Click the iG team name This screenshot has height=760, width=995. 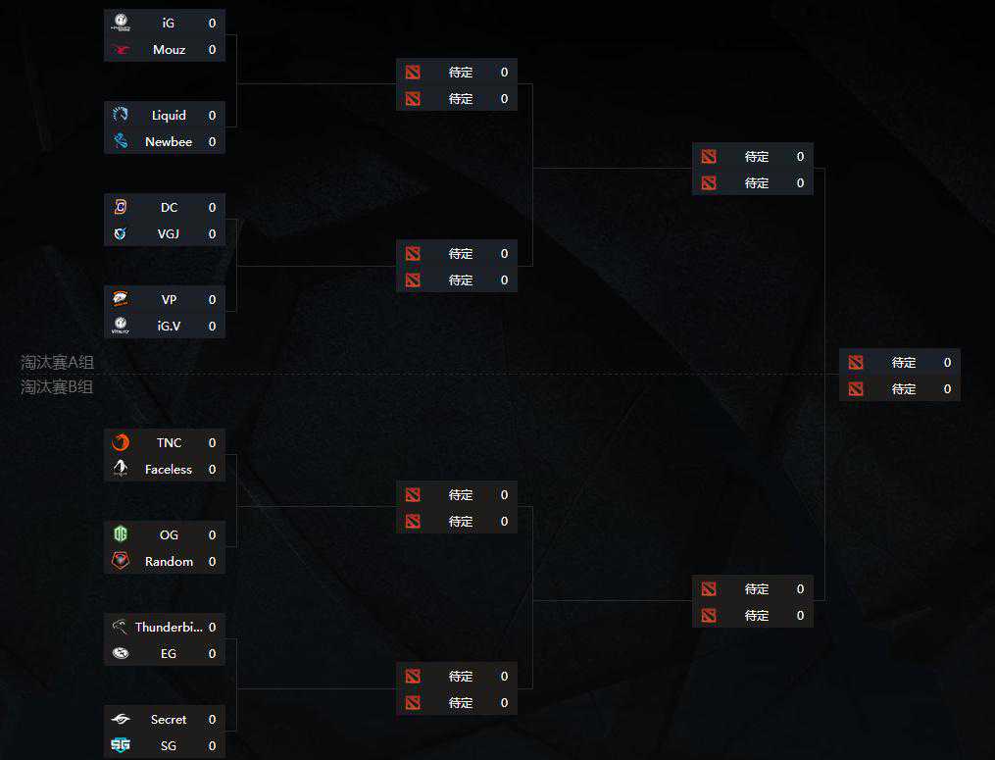pyautogui.click(x=169, y=23)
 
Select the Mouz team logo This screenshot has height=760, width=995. pyautogui.click(x=121, y=49)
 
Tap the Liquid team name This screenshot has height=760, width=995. pyautogui.click(x=169, y=115)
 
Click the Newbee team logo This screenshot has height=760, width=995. pyautogui.click(x=121, y=141)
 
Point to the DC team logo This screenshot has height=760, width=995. pyautogui.click(x=121, y=207)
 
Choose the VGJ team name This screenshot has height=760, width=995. pyautogui.click(x=169, y=233)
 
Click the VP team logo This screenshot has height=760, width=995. pyautogui.click(x=121, y=299)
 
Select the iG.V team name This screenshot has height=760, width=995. pyautogui.click(x=169, y=326)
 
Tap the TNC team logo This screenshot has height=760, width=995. pyautogui.click(x=121, y=442)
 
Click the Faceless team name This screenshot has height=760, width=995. pyautogui.click(x=169, y=469)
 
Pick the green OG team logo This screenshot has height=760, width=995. pyautogui.click(x=121, y=534)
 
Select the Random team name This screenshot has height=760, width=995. pyautogui.click(x=169, y=561)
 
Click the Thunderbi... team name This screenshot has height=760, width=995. pyautogui.click(x=169, y=627)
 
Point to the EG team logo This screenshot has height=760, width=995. pyautogui.click(x=121, y=653)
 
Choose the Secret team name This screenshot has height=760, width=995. pyautogui.click(x=169, y=719)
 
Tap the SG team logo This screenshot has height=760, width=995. pyautogui.click(x=121, y=745)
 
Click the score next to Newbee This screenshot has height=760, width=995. pyautogui.click(x=212, y=141)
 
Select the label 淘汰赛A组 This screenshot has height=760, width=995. pyautogui.click(x=58, y=362)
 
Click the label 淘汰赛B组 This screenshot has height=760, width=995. pyautogui.click(x=58, y=386)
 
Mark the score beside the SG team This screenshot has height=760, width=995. pyautogui.click(x=212, y=745)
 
